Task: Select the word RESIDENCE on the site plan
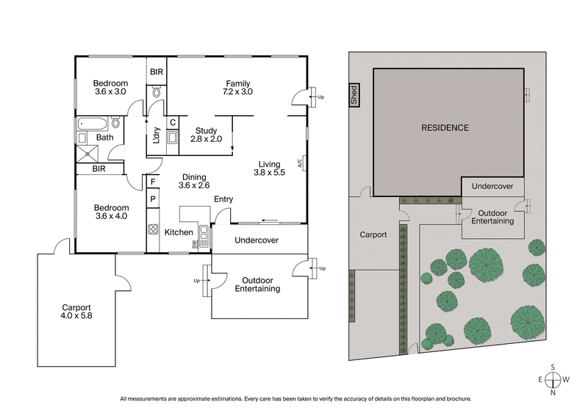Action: [444, 128]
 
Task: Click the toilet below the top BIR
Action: [157, 93]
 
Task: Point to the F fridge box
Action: [153, 182]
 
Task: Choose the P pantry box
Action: [153, 198]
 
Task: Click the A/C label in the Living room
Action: [301, 164]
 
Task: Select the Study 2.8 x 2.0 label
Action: [205, 134]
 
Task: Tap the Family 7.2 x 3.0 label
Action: [238, 87]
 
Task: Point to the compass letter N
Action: [553, 392]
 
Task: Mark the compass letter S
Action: [553, 367]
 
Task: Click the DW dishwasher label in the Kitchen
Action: [195, 243]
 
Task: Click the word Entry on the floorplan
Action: [223, 199]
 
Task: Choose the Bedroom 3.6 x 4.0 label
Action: [111, 212]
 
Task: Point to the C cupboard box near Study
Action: [172, 123]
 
